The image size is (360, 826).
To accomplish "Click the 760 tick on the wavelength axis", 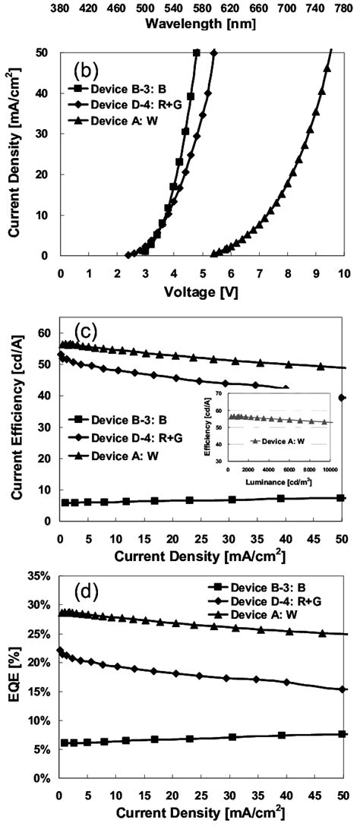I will [x=339, y=8].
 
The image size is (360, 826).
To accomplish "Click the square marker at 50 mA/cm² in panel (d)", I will [x=342, y=734].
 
